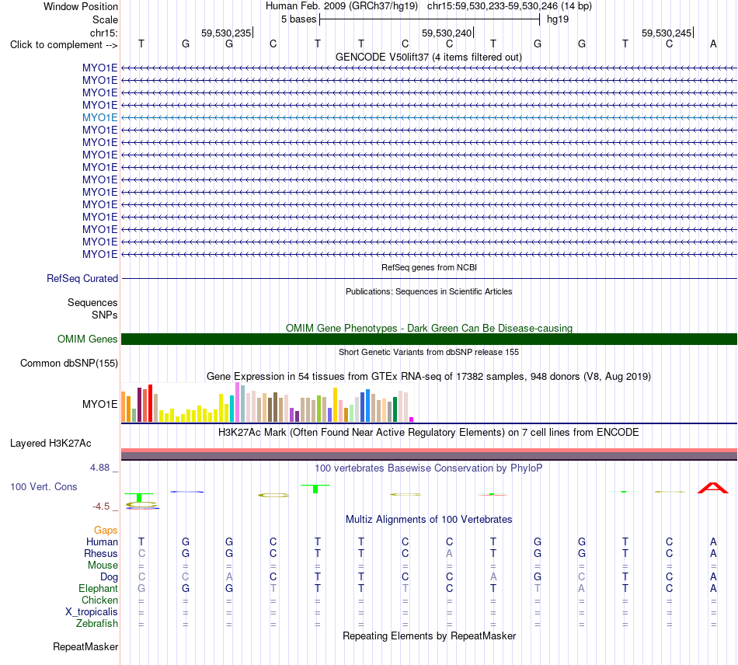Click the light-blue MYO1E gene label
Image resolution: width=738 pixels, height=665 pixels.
pos(99,117)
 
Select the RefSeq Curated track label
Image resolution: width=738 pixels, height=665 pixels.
pos(82,279)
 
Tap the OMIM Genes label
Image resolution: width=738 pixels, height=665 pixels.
pos(88,339)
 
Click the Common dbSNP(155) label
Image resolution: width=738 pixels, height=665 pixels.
pos(69,364)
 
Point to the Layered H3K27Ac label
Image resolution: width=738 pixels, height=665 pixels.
pos(50,444)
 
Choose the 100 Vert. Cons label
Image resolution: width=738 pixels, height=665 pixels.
pos(44,486)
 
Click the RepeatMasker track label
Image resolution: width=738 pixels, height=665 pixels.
pos(85,646)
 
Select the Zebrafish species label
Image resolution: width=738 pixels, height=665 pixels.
pos(97,624)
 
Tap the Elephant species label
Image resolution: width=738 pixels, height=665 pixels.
pos(99,589)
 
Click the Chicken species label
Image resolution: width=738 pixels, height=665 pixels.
pos(99,600)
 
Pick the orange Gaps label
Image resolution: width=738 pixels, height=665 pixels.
pos(106,531)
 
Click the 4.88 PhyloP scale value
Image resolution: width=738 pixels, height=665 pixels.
pos(99,468)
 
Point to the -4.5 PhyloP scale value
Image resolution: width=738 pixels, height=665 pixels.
pos(101,507)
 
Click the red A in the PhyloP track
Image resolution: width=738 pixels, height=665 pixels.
pos(713,488)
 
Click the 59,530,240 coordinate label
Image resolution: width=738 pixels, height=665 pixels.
pos(447,33)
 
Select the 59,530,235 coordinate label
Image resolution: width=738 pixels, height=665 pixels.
pos(226,33)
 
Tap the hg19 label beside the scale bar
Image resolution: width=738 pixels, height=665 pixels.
pos(558,19)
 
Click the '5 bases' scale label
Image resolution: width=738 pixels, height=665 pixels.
pos(299,19)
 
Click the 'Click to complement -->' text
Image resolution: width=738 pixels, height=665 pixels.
pos(64,45)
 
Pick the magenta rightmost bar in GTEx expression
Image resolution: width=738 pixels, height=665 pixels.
pos(412,420)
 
